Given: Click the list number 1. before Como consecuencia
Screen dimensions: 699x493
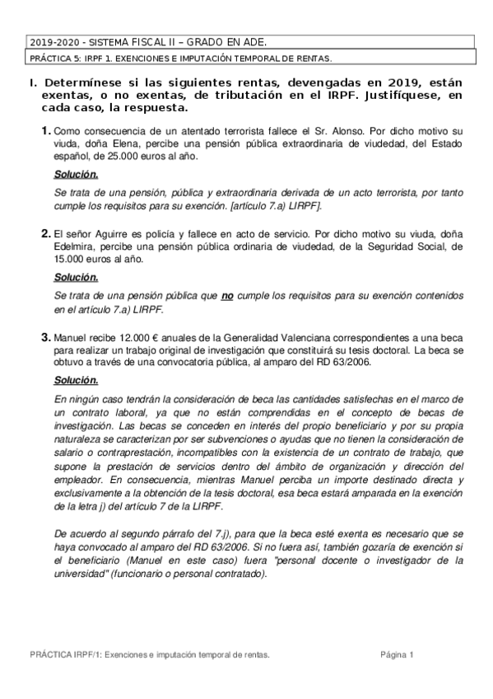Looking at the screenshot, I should coord(46,130).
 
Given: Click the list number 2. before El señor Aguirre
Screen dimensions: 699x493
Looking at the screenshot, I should coord(46,234).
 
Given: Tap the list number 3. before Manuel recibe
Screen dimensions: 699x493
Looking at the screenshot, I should coord(46,338).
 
